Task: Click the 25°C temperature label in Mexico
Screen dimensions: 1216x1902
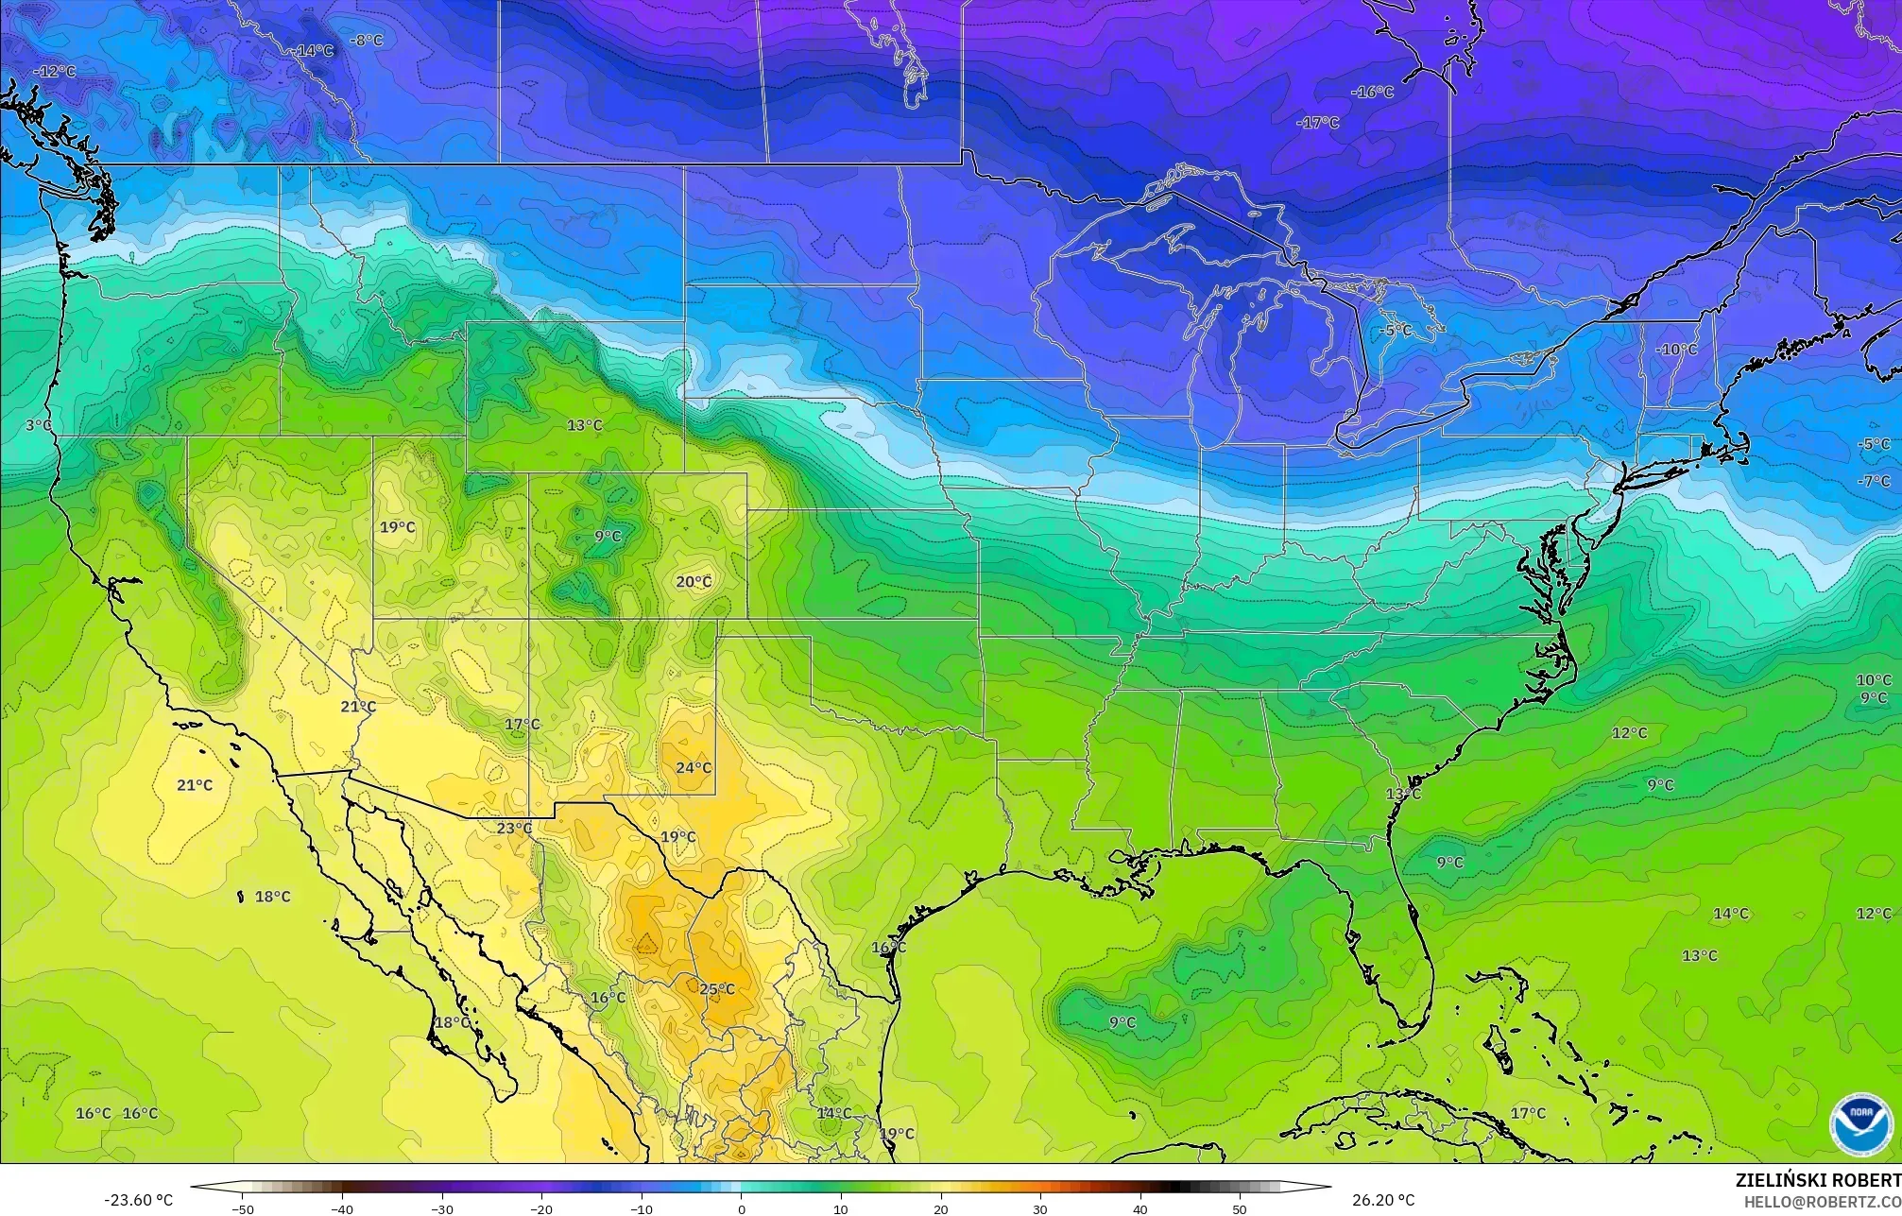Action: [716, 989]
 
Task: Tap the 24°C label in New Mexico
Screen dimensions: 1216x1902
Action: [694, 768]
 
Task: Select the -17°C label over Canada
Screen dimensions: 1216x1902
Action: [1317, 123]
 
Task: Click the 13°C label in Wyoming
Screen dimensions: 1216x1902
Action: [584, 426]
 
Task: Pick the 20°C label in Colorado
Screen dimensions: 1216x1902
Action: [694, 582]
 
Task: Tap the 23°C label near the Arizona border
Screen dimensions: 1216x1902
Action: [515, 829]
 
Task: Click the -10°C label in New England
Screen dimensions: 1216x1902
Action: [1676, 350]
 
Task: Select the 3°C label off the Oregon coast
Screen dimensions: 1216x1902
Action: [39, 426]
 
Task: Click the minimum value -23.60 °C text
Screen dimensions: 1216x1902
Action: [138, 1200]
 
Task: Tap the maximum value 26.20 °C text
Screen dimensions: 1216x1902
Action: [1383, 1200]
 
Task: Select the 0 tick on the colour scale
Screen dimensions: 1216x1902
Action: [742, 1208]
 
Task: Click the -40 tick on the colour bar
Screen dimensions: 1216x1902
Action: [342, 1208]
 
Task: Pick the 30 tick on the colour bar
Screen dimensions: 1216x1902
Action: [1040, 1208]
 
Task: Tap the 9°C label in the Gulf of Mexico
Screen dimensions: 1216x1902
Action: [1122, 1023]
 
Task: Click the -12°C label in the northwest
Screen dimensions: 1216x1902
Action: [54, 72]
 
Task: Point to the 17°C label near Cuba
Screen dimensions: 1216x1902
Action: [1528, 1114]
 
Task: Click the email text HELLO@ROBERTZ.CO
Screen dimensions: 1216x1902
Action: [1822, 1201]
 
